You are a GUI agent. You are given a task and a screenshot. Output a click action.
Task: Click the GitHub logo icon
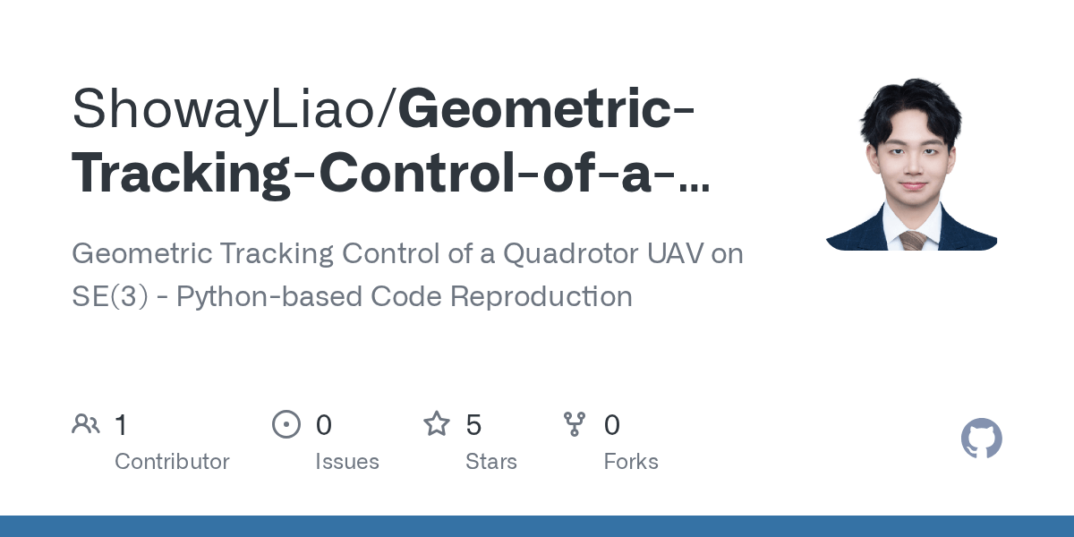coord(981,439)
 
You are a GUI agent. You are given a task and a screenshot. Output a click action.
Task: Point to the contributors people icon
coord(86,424)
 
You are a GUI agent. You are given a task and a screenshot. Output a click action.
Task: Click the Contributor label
coord(172,462)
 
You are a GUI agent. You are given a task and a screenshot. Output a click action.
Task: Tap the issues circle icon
coord(286,424)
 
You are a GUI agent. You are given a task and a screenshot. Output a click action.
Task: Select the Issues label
coord(346,462)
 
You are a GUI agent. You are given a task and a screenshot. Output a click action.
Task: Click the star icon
coord(436,424)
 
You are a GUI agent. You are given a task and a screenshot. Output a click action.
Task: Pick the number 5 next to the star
coord(473,425)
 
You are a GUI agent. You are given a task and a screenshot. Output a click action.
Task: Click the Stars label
coord(490,462)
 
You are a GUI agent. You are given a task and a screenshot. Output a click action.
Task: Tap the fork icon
coord(574,424)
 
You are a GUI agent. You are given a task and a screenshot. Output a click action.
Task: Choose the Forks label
coord(630,462)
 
